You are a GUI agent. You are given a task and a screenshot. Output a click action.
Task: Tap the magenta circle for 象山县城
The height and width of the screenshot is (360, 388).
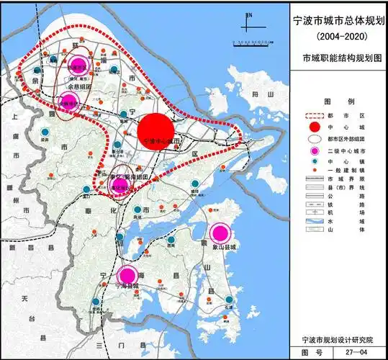pyautogui.click(x=220, y=233)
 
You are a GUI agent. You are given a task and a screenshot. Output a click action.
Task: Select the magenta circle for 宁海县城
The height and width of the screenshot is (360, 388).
pyautogui.click(x=128, y=274)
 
